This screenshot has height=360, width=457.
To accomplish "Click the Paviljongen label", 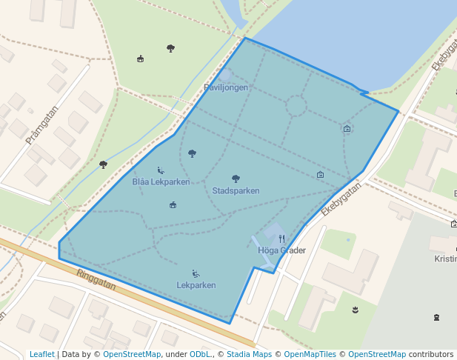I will tap(226, 87).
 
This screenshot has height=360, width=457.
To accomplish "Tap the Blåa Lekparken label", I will tap(161, 181).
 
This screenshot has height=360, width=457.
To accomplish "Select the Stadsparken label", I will tap(236, 190).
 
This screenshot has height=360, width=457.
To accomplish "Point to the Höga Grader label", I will tap(281, 250).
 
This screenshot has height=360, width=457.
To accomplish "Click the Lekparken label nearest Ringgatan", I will tap(196, 284).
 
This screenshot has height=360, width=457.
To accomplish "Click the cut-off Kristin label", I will tap(445, 259).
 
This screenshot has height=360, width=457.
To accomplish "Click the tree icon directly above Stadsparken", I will tap(236, 179).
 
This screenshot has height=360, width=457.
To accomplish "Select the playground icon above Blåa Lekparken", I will tap(161, 170).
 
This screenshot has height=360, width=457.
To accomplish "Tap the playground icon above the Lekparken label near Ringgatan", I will tap(196, 273).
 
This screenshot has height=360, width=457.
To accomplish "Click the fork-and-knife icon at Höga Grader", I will tap(281, 239).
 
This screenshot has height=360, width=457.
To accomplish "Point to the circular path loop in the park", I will tap(296, 107).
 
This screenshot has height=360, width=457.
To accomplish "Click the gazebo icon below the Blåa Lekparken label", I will tap(173, 205).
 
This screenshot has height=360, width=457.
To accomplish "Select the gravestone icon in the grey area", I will tap(436, 318).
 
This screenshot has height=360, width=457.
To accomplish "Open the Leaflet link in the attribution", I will tap(42, 354).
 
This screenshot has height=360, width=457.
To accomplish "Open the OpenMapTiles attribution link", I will tap(310, 354).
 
